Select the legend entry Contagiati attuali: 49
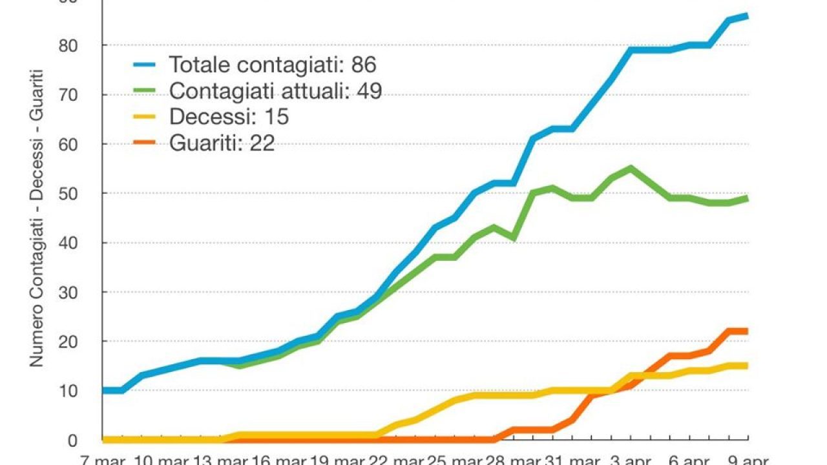pyautogui.click(x=275, y=91)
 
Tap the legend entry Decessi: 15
pyautogui.click(x=229, y=117)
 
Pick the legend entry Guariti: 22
pyautogui.click(x=222, y=143)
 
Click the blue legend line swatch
pyautogui.click(x=147, y=65)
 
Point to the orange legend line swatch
pyautogui.click(x=147, y=143)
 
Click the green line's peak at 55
pyautogui.click(x=631, y=167)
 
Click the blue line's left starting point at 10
pyautogui.click(x=104, y=390)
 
